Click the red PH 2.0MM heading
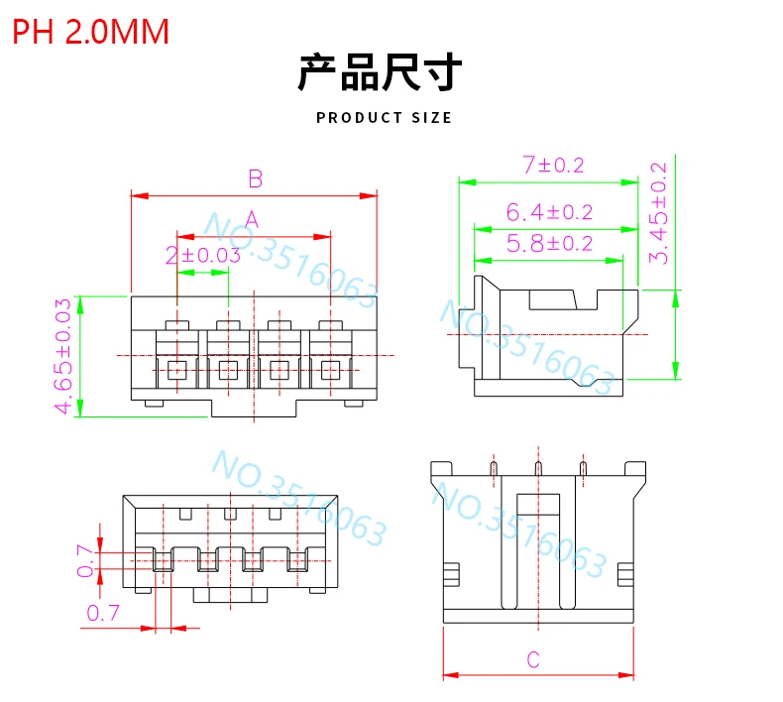click(x=90, y=32)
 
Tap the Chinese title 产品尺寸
click(x=381, y=74)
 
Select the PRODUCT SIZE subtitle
click(x=384, y=118)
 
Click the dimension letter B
click(x=255, y=179)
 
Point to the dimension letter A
click(x=252, y=218)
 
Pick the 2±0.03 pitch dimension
click(x=203, y=255)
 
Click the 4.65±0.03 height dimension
click(x=63, y=356)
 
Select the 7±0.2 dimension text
click(x=548, y=166)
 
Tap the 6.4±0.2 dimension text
click(x=549, y=211)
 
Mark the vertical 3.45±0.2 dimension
click(x=657, y=212)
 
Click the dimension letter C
click(x=532, y=659)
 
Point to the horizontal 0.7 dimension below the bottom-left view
click(x=105, y=613)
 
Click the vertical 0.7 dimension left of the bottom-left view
click(x=86, y=562)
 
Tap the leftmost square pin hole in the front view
click(x=176, y=371)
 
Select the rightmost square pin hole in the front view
click(x=330, y=371)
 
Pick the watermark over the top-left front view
click(x=291, y=253)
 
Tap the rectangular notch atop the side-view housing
click(x=552, y=297)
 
